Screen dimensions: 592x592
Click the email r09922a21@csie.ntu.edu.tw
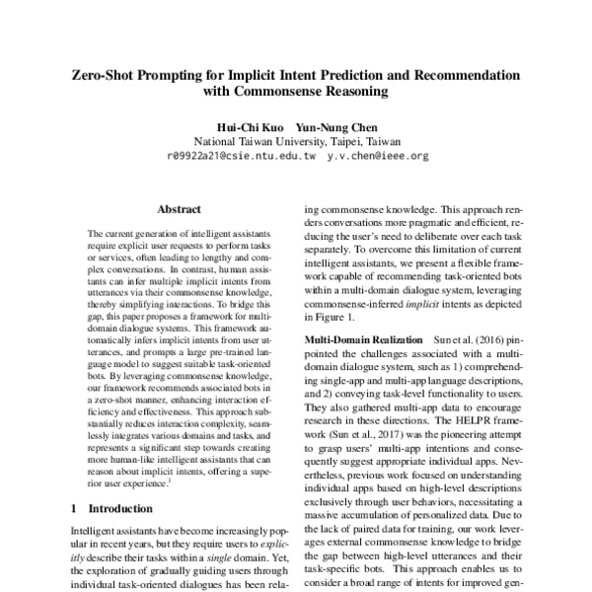(242, 156)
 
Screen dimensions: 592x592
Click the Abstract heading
(179, 209)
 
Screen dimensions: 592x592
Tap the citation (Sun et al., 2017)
(378, 434)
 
